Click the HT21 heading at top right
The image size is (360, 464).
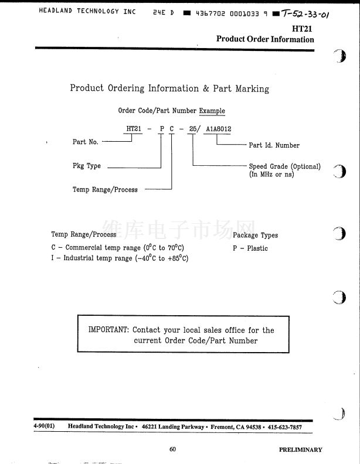click(x=302, y=29)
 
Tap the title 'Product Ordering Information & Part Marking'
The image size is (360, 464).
click(x=169, y=88)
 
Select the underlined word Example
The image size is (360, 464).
click(x=212, y=111)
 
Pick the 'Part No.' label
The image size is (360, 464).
click(x=86, y=142)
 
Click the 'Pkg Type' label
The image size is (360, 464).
click(x=87, y=166)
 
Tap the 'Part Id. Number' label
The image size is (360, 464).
click(x=274, y=145)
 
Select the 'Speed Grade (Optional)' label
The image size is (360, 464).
click(x=284, y=166)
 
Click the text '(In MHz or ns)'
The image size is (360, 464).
click(x=271, y=175)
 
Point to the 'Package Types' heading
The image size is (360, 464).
click(x=255, y=236)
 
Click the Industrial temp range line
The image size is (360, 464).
click(x=120, y=258)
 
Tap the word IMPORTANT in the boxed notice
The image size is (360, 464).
click(x=108, y=330)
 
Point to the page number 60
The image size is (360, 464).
click(x=172, y=449)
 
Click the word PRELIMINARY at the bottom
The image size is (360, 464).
click(x=300, y=449)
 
